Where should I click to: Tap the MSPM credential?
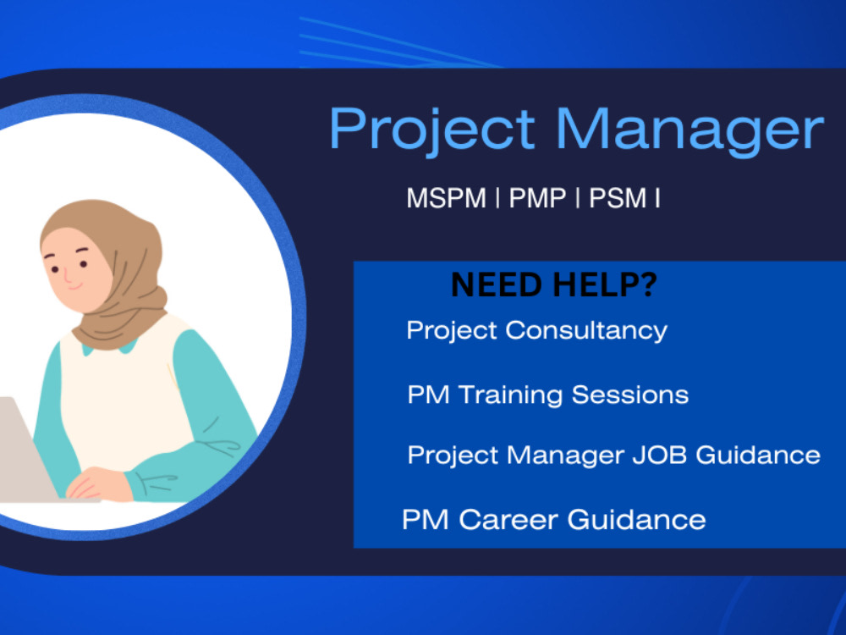pyautogui.click(x=446, y=199)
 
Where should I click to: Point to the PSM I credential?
pyautogui.click(x=624, y=199)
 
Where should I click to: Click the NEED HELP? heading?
pyautogui.click(x=553, y=285)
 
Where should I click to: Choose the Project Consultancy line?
pyautogui.click(x=536, y=330)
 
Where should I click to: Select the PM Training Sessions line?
pyautogui.click(x=547, y=395)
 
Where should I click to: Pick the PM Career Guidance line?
pyautogui.click(x=553, y=518)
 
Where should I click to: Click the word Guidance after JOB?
pyautogui.click(x=757, y=455)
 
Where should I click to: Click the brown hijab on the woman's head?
pyautogui.click(x=127, y=254)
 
